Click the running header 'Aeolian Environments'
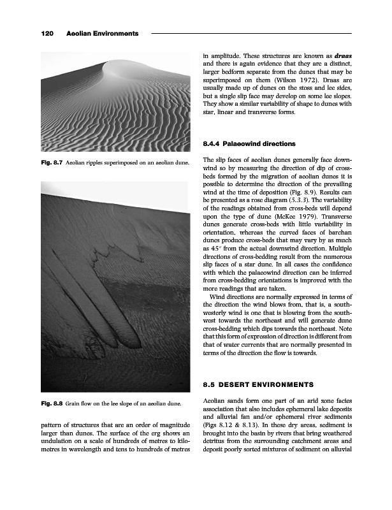[102, 33]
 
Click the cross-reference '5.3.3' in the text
[300, 206]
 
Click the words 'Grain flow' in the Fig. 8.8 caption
[82, 404]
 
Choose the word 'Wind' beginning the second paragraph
[218, 296]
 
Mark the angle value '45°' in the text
[212, 256]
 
